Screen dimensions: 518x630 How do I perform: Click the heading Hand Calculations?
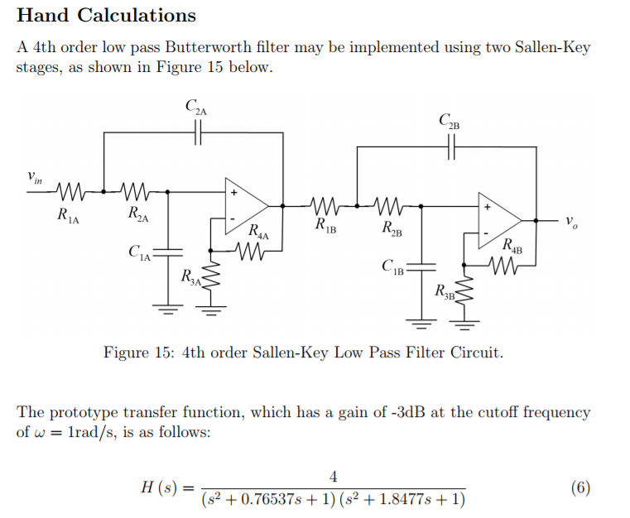106,16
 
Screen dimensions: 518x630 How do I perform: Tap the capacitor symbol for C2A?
198,132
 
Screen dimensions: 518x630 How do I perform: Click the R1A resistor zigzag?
70,191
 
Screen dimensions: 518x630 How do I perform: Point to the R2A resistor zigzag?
135,191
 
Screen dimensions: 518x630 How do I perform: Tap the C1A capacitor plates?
169,250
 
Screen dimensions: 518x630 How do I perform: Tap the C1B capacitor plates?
422,266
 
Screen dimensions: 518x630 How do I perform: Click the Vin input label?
34,176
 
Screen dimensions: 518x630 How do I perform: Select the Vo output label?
570,222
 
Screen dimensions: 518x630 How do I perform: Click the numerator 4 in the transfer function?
333,477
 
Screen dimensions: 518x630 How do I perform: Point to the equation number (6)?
580,487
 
